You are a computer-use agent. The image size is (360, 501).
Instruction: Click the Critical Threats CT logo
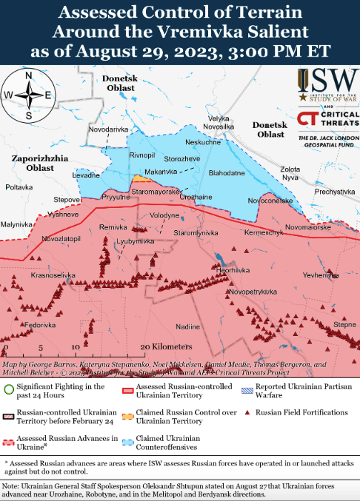[x=309, y=118]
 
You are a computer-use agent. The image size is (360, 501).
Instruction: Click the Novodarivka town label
[x=108, y=129]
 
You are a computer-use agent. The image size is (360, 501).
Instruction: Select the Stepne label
[x=344, y=324]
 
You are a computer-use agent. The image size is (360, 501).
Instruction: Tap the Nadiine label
[x=188, y=326]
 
